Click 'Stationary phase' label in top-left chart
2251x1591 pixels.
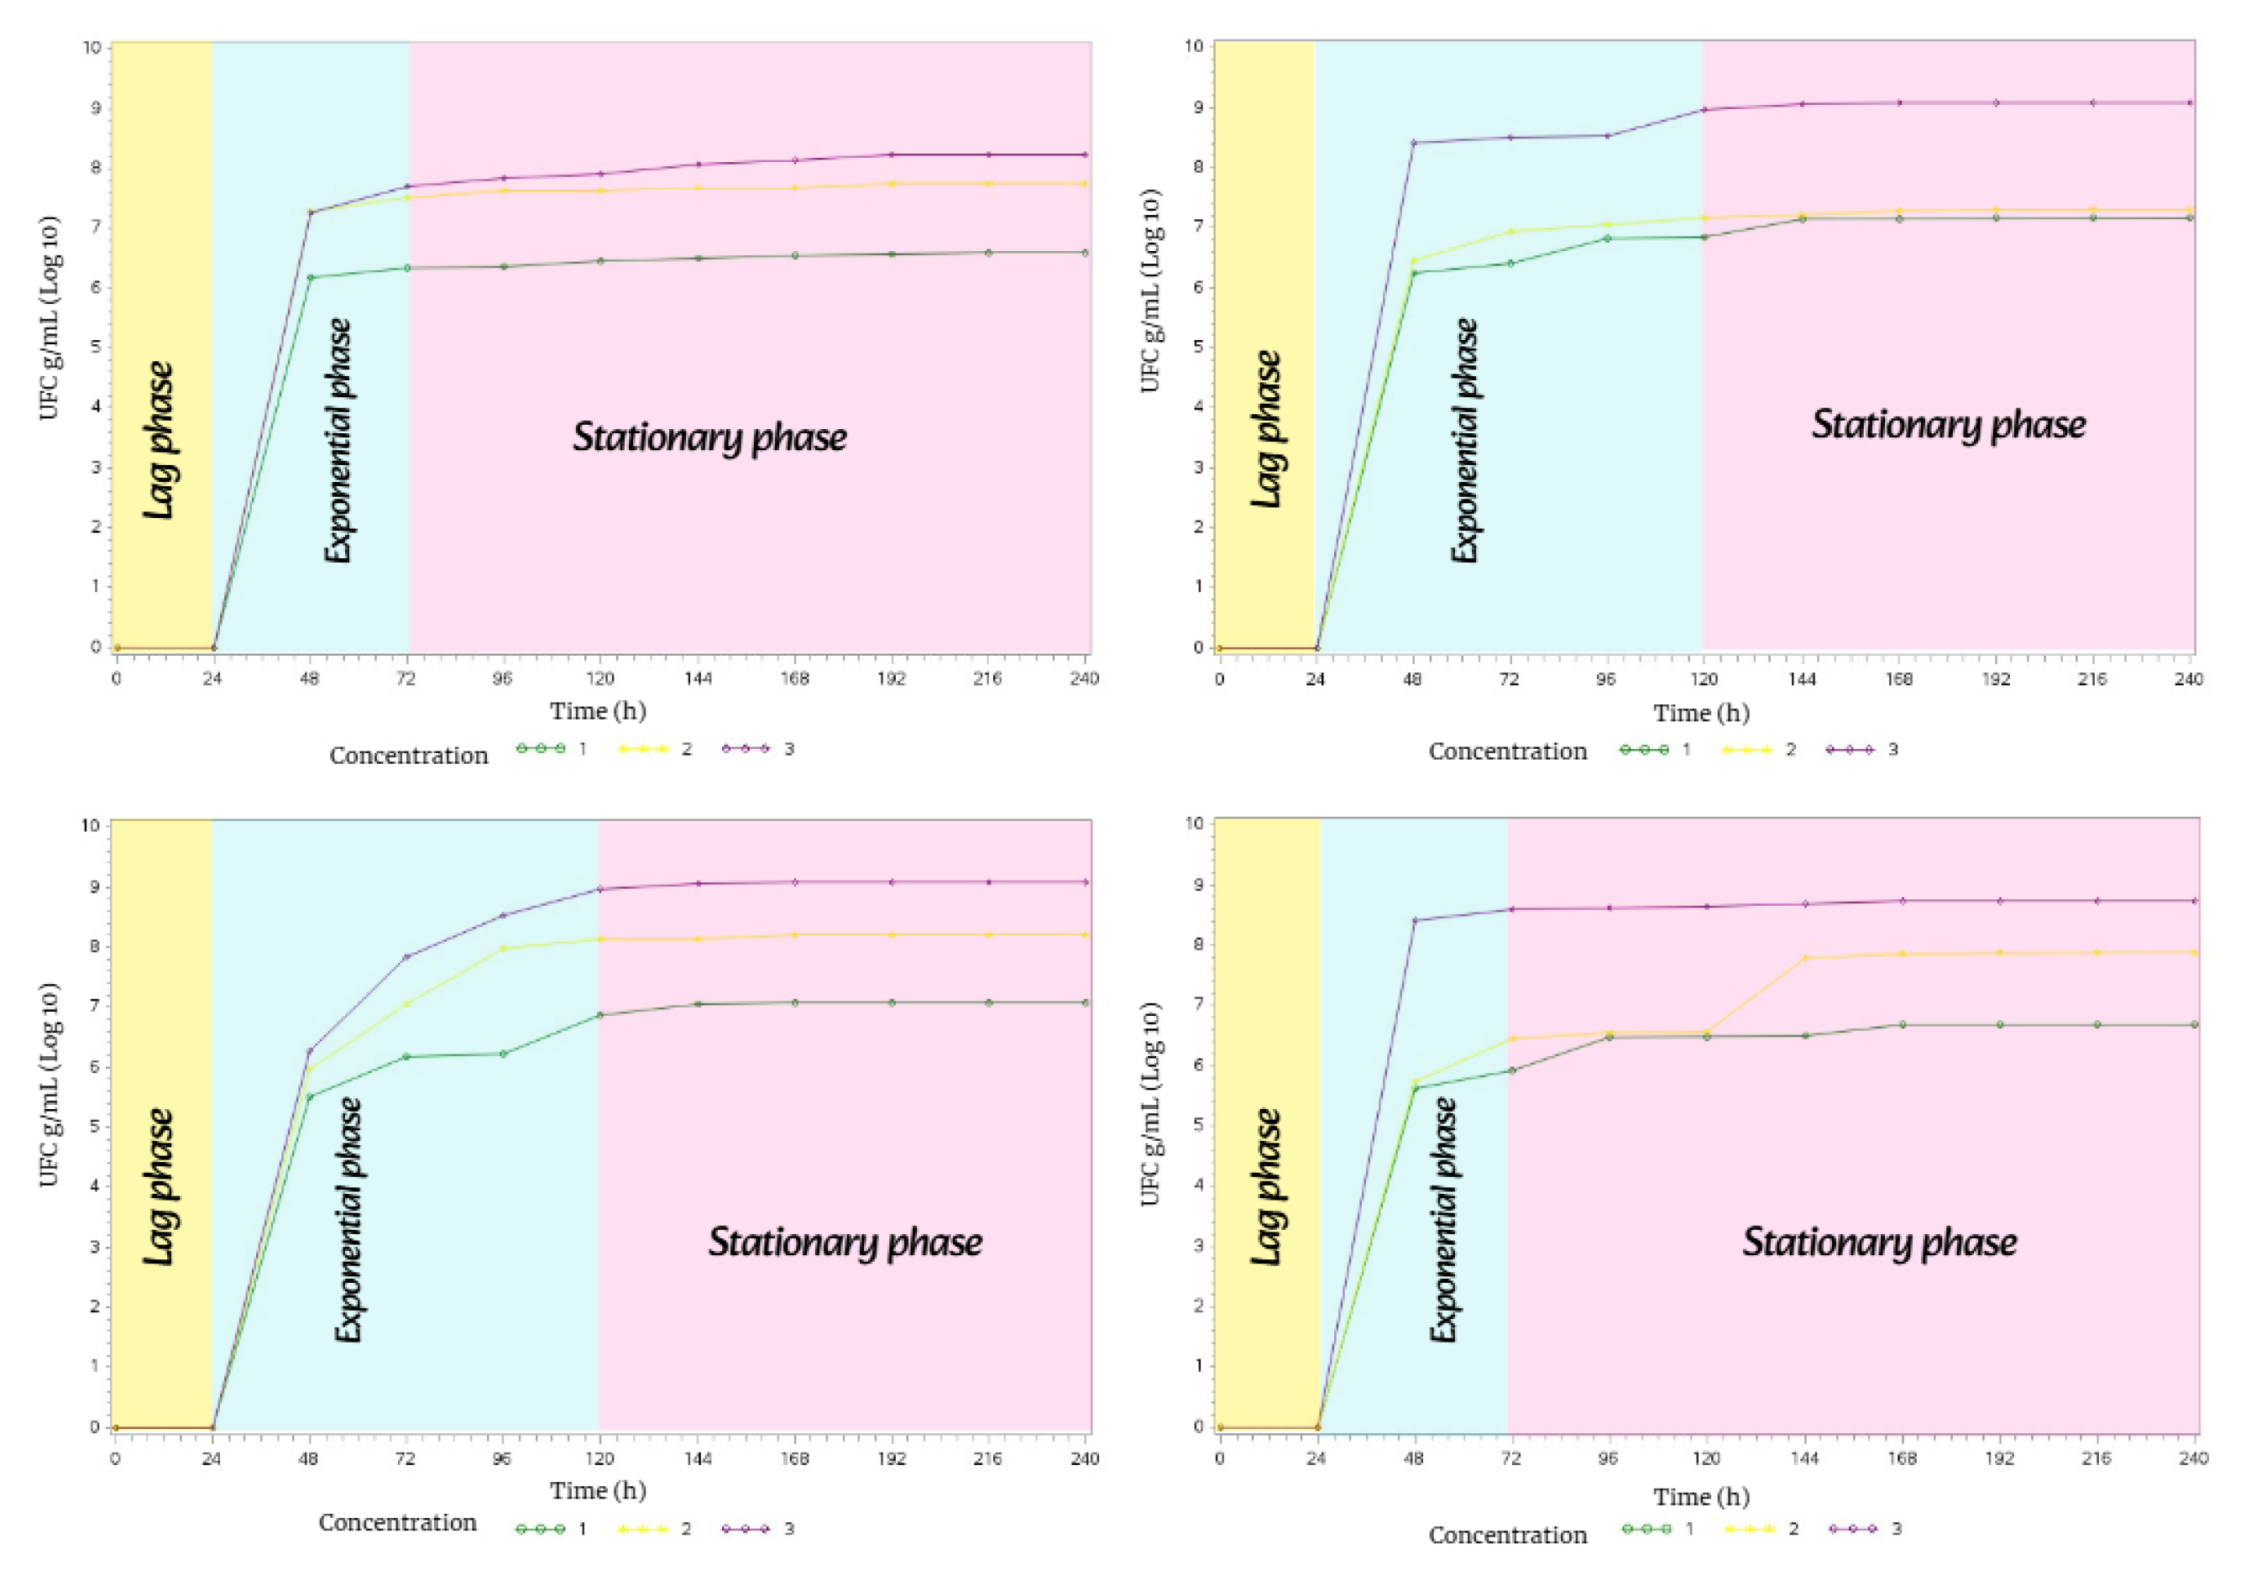[709, 437]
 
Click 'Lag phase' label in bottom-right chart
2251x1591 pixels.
[1267, 1186]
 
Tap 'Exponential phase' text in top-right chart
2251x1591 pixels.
[1465, 440]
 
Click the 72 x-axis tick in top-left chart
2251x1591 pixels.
[406, 678]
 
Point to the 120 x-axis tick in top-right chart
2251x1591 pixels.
[1704, 679]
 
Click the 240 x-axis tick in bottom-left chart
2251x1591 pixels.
[1084, 1458]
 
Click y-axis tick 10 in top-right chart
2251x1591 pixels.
[1194, 46]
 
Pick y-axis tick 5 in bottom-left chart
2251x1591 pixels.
[95, 1127]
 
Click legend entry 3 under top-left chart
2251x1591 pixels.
[788, 749]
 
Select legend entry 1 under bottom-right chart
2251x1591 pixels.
[1688, 1528]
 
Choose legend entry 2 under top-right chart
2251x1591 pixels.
[1790, 750]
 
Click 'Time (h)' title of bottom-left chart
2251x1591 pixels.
[597, 1491]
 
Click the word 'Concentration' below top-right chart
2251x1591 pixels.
[1507, 752]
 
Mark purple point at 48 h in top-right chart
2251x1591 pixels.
[1414, 143]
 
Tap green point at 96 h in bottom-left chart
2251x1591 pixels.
[503, 1054]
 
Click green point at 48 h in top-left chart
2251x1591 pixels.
[311, 277]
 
